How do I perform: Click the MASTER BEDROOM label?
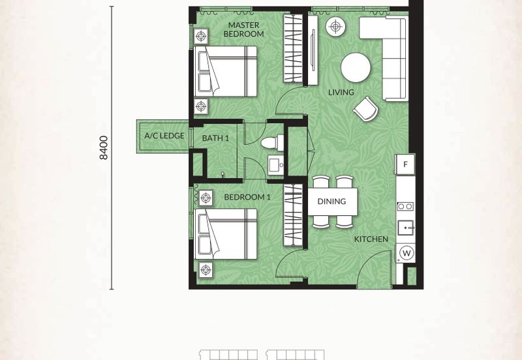243,29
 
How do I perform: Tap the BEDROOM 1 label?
247,197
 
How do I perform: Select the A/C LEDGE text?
164,136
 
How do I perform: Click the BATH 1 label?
215,138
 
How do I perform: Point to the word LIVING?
341,92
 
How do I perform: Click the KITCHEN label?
371,239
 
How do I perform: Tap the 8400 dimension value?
104,148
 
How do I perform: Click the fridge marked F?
405,164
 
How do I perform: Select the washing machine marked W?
406,253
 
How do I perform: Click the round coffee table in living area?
356,67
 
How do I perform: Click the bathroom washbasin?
276,164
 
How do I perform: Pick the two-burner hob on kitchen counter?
405,207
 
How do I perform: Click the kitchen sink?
405,228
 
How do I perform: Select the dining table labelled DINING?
333,202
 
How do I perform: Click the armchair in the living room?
365,109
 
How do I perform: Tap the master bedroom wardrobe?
293,48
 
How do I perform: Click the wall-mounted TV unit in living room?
313,50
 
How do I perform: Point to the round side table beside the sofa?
335,27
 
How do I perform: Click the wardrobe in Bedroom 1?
293,216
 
